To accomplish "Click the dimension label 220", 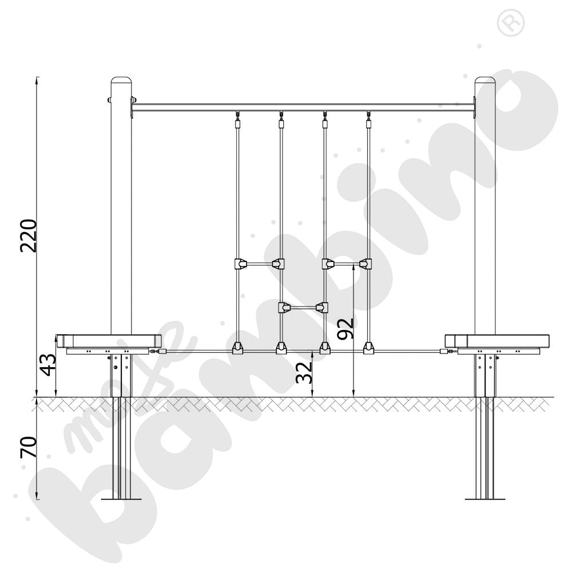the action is [x=29, y=236].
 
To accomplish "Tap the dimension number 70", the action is [x=29, y=447].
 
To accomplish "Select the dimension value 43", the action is [x=48, y=364].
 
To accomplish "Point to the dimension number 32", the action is [x=304, y=372].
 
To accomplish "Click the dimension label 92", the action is [x=345, y=329].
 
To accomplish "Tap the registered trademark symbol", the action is [x=511, y=23].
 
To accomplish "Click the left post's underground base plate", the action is [x=121, y=499].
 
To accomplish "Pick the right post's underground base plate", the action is [x=485, y=499].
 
